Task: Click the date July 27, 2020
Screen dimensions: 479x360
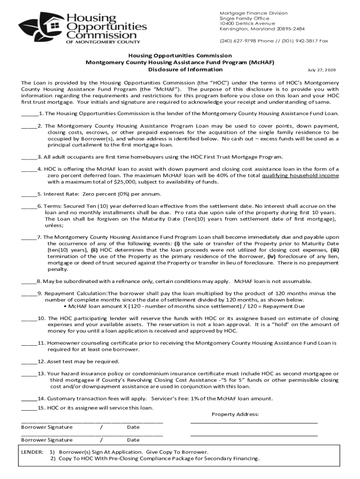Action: click(322, 70)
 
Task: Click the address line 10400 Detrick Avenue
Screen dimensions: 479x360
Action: click(247, 23)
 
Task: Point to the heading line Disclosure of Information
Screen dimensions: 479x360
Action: click(185, 69)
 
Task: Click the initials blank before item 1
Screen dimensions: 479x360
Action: click(29, 114)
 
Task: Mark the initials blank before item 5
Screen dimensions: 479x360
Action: click(29, 194)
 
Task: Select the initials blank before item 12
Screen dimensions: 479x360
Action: click(29, 362)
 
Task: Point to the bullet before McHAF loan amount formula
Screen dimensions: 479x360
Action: click(65, 306)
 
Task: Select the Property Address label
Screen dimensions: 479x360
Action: click(235, 414)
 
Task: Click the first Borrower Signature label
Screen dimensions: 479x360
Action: click(47, 427)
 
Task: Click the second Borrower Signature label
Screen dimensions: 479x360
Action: click(47, 440)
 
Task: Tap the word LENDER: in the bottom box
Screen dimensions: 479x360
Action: click(33, 452)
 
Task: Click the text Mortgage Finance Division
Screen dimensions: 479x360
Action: click(254, 13)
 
